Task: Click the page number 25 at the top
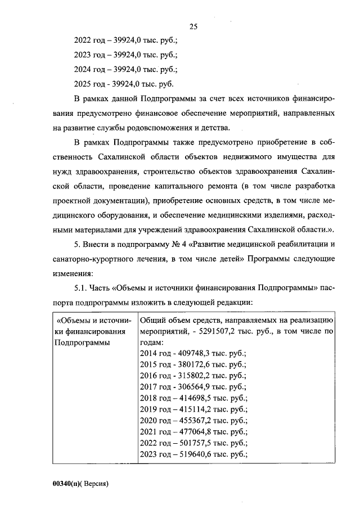(193, 26)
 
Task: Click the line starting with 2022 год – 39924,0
(126, 40)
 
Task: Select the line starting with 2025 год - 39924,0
(124, 84)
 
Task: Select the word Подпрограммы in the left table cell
(82, 343)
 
